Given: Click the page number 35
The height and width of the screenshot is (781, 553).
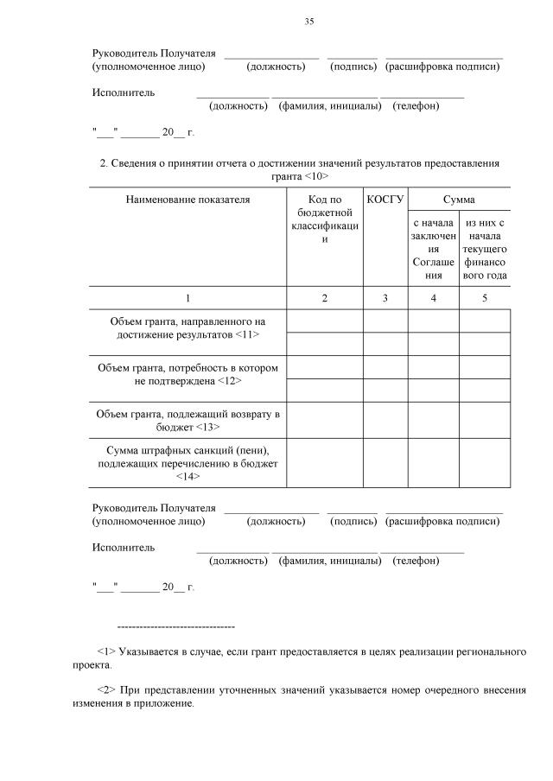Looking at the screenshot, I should [x=308, y=22].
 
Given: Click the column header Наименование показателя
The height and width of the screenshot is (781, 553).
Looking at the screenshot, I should [x=188, y=200].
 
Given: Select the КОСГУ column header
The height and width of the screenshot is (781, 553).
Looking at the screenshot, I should [x=385, y=200].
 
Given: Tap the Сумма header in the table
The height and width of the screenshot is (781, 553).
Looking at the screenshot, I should [x=459, y=200].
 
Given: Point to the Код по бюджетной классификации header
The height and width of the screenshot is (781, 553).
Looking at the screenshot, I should [x=325, y=219].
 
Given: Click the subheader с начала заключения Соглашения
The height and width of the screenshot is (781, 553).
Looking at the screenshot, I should [x=433, y=249].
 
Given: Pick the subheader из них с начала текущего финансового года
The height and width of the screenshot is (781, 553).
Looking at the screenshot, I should [x=484, y=249].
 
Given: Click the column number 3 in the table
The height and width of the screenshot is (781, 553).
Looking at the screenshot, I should [x=385, y=298].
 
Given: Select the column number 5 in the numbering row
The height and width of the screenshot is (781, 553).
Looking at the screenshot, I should [x=484, y=298].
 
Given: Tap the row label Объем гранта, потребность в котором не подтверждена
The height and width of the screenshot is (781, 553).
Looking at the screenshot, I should [x=188, y=374].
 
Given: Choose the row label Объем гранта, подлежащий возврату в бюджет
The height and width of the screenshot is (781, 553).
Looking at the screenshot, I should [x=188, y=420].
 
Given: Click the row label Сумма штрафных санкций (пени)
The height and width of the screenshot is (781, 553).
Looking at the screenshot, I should [x=188, y=452].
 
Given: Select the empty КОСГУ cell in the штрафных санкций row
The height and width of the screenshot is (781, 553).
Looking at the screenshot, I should [x=385, y=464].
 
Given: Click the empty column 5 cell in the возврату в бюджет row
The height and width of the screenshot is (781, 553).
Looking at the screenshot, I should [x=484, y=420].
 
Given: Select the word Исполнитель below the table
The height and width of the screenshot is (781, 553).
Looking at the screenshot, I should [x=124, y=548].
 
